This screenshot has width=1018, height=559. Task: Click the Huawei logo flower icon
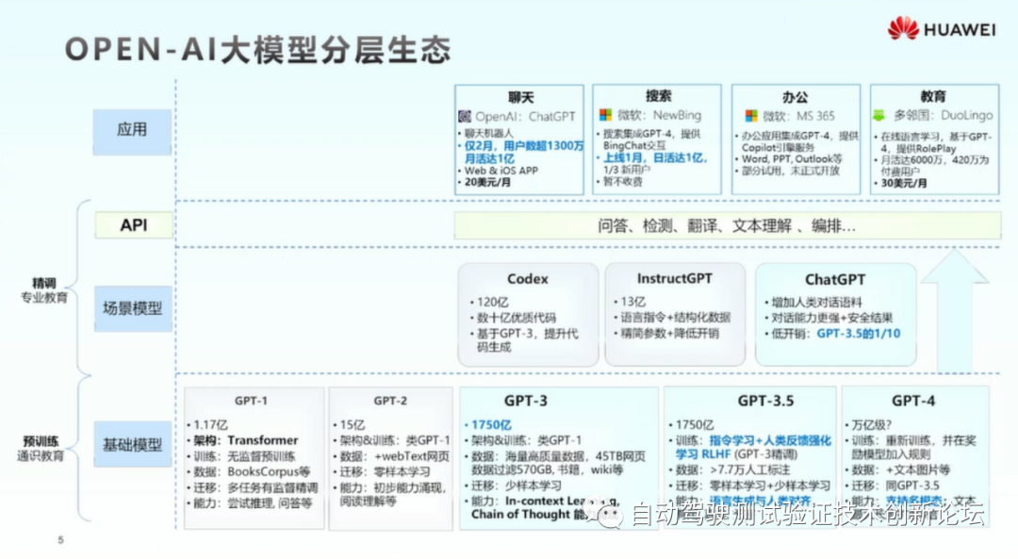pyautogui.click(x=903, y=28)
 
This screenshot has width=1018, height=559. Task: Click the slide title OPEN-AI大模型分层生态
pyautogui.click(x=256, y=49)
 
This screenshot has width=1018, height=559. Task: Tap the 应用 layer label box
pyautogui.click(x=132, y=130)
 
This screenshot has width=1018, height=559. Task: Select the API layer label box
pyautogui.click(x=133, y=225)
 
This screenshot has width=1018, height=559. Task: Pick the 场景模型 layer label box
pyautogui.click(x=132, y=308)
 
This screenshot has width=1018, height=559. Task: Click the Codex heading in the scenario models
pyautogui.click(x=527, y=279)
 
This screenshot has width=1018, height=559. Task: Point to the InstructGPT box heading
pyautogui.click(x=674, y=279)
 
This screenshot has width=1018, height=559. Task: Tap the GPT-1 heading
pyautogui.click(x=252, y=401)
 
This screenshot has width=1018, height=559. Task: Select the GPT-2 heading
pyautogui.click(x=390, y=401)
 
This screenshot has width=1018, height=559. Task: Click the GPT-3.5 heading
pyautogui.click(x=764, y=401)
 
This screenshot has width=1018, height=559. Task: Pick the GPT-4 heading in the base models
pyautogui.click(x=912, y=401)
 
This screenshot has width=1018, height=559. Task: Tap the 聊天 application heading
pyautogui.click(x=520, y=96)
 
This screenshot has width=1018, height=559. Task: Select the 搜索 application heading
pyautogui.click(x=659, y=96)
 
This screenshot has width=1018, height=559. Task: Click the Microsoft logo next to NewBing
pyautogui.click(x=605, y=115)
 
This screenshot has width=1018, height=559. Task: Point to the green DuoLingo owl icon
pyautogui.click(x=878, y=115)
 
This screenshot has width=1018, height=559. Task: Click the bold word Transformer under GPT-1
pyautogui.click(x=262, y=440)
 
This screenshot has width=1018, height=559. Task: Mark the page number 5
pyautogui.click(x=60, y=540)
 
